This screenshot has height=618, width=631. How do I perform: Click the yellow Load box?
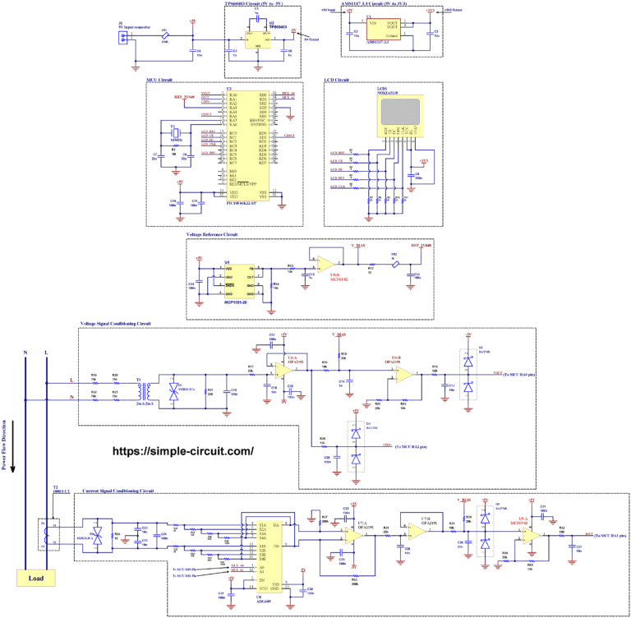click(37, 578)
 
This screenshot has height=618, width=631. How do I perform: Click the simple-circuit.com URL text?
click(182, 451)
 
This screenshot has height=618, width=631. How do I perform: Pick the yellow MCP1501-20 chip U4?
click(240, 281)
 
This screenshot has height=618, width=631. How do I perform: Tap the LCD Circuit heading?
click(337, 80)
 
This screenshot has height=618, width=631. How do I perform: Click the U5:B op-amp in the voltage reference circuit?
click(326, 264)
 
